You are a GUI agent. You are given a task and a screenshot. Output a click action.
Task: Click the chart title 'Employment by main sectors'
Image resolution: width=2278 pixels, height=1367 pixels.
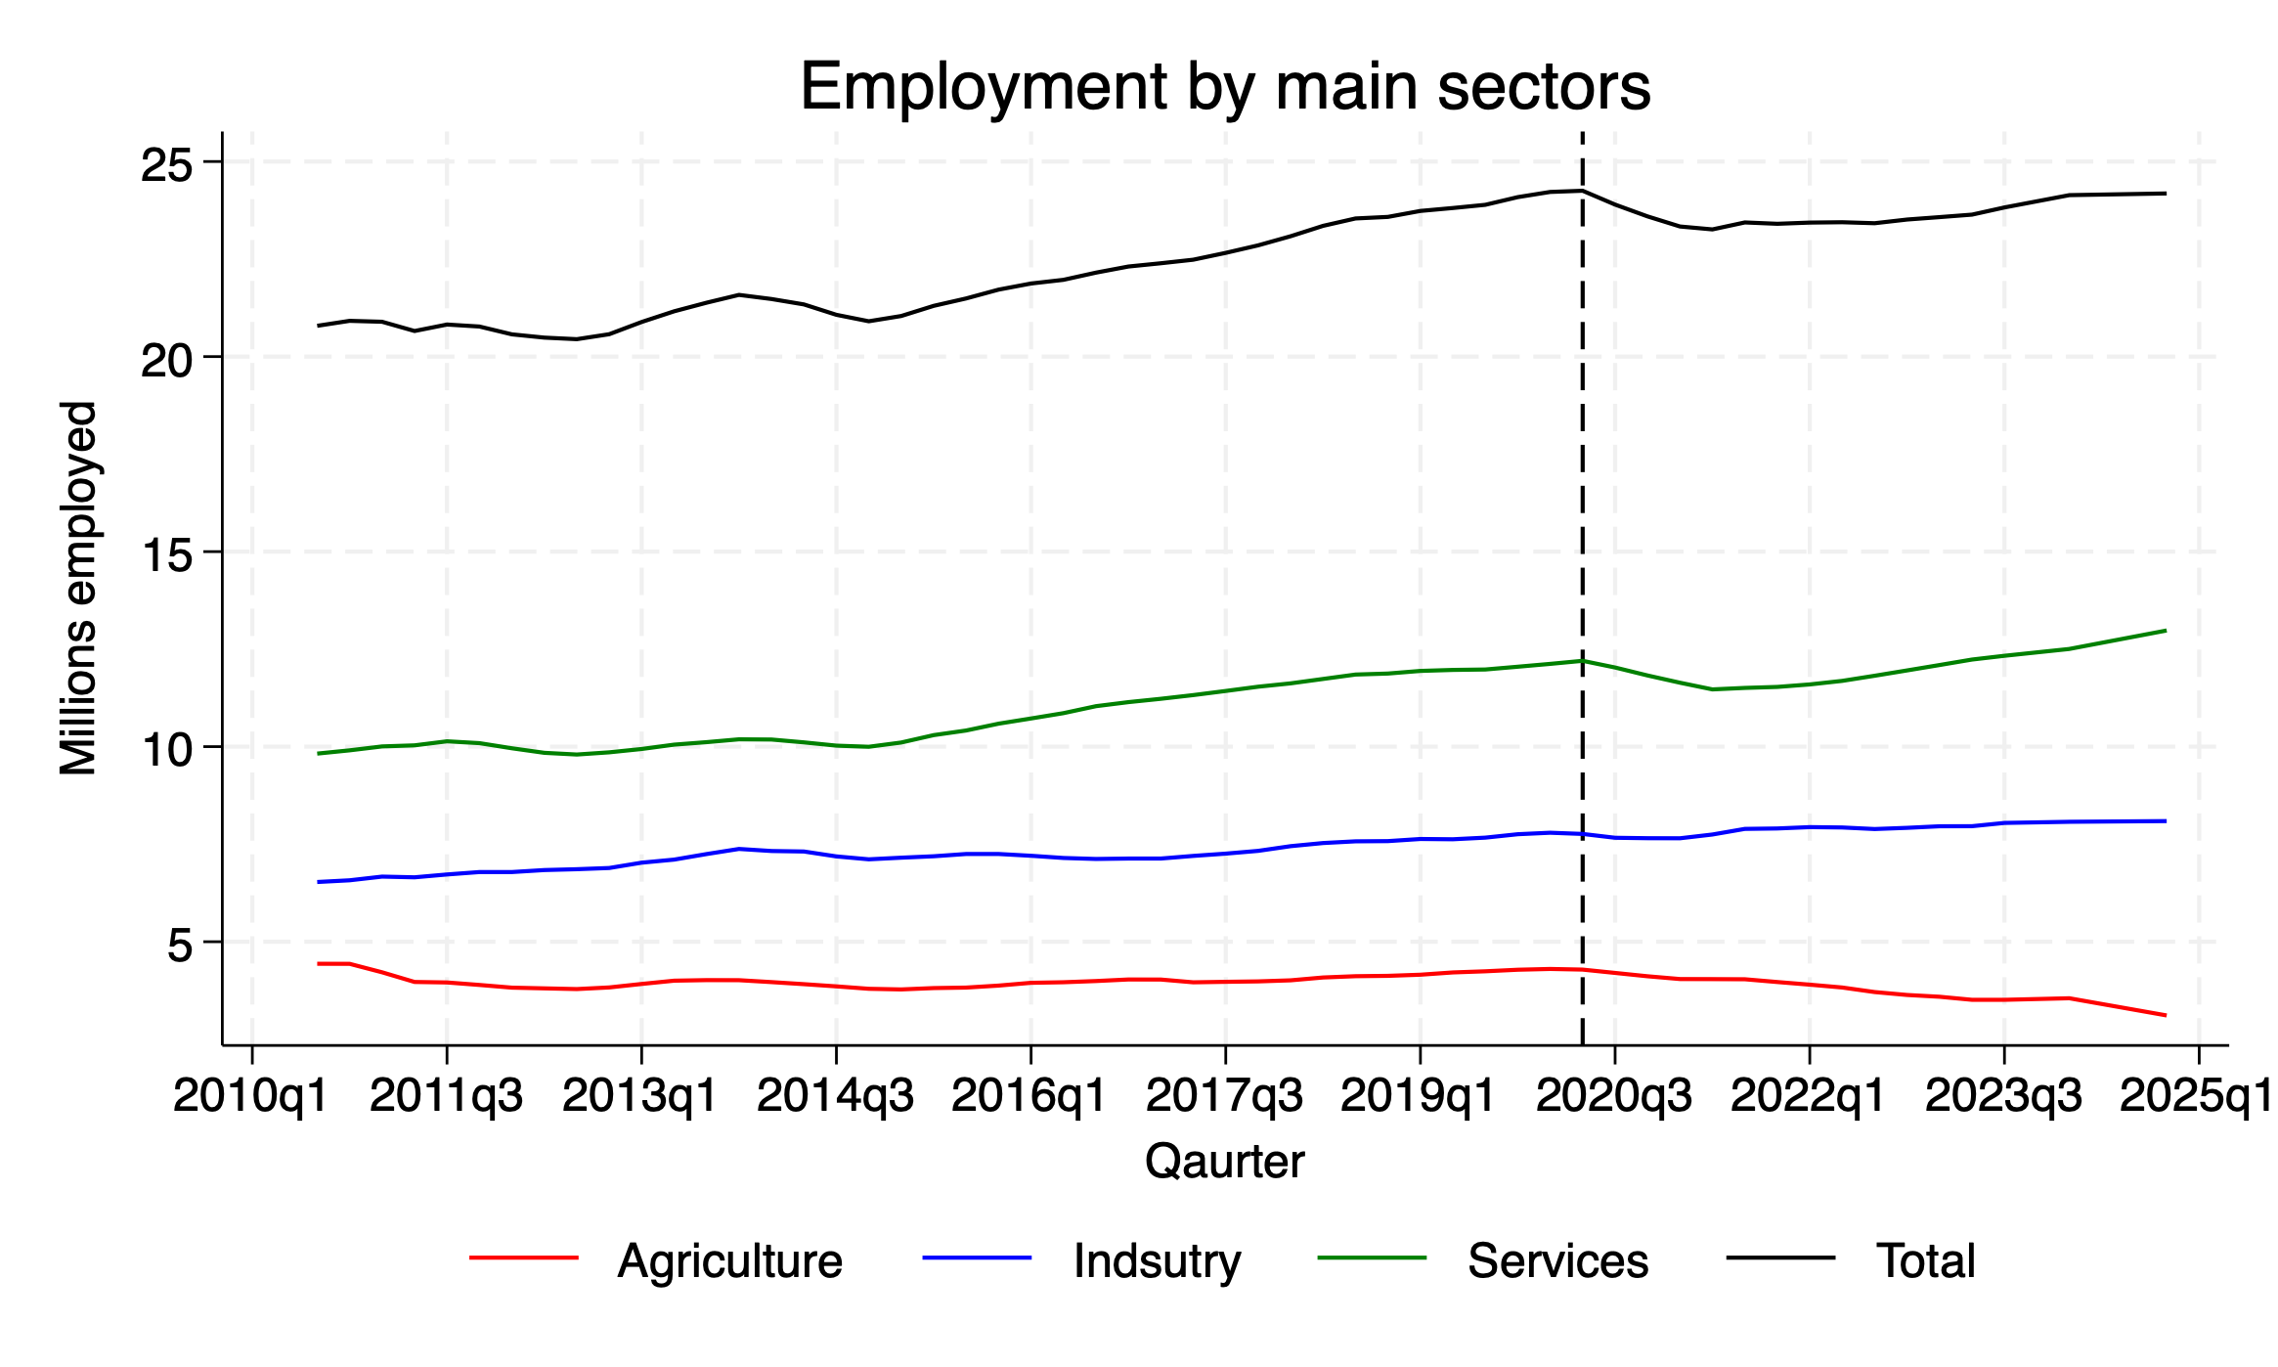click(x=1225, y=86)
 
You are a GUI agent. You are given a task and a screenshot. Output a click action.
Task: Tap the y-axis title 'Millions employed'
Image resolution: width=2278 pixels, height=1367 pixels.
click(x=78, y=588)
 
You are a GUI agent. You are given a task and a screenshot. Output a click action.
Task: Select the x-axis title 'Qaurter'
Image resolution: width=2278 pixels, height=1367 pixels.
click(x=1224, y=1162)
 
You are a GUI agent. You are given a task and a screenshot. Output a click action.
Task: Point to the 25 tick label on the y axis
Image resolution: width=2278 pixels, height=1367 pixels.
click(x=167, y=163)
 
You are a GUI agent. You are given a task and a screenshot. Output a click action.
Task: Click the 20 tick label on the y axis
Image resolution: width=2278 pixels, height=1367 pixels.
click(x=167, y=359)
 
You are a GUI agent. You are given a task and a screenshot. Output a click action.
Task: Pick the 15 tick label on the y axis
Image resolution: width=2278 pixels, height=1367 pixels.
click(x=167, y=554)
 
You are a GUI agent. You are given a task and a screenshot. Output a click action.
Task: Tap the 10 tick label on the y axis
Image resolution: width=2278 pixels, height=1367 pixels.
click(x=167, y=749)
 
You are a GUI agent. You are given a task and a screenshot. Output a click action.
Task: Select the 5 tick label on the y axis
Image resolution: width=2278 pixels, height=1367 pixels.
click(x=182, y=945)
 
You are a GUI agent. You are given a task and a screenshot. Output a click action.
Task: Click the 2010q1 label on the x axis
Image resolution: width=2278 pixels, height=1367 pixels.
click(x=251, y=1096)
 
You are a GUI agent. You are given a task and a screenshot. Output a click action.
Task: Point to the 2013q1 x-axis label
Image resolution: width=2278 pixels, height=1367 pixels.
click(x=640, y=1096)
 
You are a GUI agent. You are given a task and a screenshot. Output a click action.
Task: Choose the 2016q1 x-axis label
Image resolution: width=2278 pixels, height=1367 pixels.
click(x=1029, y=1096)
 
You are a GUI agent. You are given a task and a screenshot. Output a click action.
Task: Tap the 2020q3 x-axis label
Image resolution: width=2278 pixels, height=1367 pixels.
click(x=1614, y=1096)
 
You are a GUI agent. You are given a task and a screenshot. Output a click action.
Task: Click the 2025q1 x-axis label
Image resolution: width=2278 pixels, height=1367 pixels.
click(x=2197, y=1096)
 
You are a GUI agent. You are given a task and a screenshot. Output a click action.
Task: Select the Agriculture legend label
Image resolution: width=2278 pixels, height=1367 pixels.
click(x=729, y=1260)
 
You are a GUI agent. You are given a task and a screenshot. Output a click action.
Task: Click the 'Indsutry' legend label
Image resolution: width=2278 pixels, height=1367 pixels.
click(x=1157, y=1260)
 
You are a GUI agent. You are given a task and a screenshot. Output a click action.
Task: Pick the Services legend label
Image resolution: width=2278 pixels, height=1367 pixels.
click(x=1557, y=1260)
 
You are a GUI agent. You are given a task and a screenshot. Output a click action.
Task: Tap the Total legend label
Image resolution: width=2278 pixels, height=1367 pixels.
click(x=1925, y=1260)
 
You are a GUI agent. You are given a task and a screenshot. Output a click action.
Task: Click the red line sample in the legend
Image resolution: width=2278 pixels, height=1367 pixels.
click(x=524, y=1257)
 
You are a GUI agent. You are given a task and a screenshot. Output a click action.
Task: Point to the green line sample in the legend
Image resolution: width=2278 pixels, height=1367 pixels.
click(x=1372, y=1257)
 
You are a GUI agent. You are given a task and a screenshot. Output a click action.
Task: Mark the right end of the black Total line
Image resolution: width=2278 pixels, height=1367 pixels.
click(x=2166, y=194)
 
